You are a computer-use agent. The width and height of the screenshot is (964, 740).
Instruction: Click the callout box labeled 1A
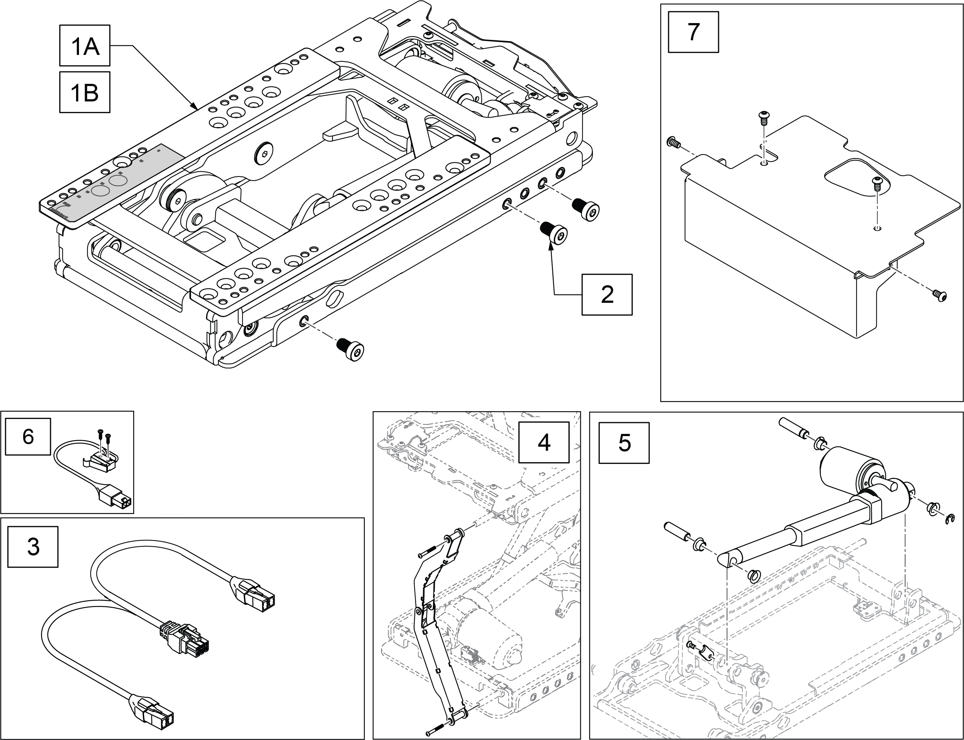(85, 45)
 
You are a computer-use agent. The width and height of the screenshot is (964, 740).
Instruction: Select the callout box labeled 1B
(85, 92)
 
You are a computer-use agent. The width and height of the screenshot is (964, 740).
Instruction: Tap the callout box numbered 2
(607, 294)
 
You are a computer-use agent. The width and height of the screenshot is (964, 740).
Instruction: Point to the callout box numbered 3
(33, 547)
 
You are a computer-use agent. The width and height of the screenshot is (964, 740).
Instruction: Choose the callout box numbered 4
(544, 442)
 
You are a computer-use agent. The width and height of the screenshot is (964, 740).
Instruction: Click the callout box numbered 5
(624, 443)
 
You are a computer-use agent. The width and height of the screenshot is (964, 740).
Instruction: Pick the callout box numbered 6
(28, 436)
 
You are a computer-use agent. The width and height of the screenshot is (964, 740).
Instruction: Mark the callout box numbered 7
(693, 32)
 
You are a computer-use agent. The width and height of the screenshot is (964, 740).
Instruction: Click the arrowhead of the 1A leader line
(193, 106)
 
